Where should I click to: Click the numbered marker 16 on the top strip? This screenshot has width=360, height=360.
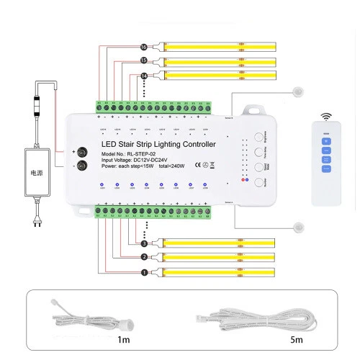click(x=144, y=47)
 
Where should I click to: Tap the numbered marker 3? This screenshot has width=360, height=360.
click(x=144, y=244)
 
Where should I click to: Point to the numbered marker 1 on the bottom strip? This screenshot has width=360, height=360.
click(x=144, y=272)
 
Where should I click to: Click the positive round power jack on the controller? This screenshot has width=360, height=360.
click(x=82, y=152)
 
